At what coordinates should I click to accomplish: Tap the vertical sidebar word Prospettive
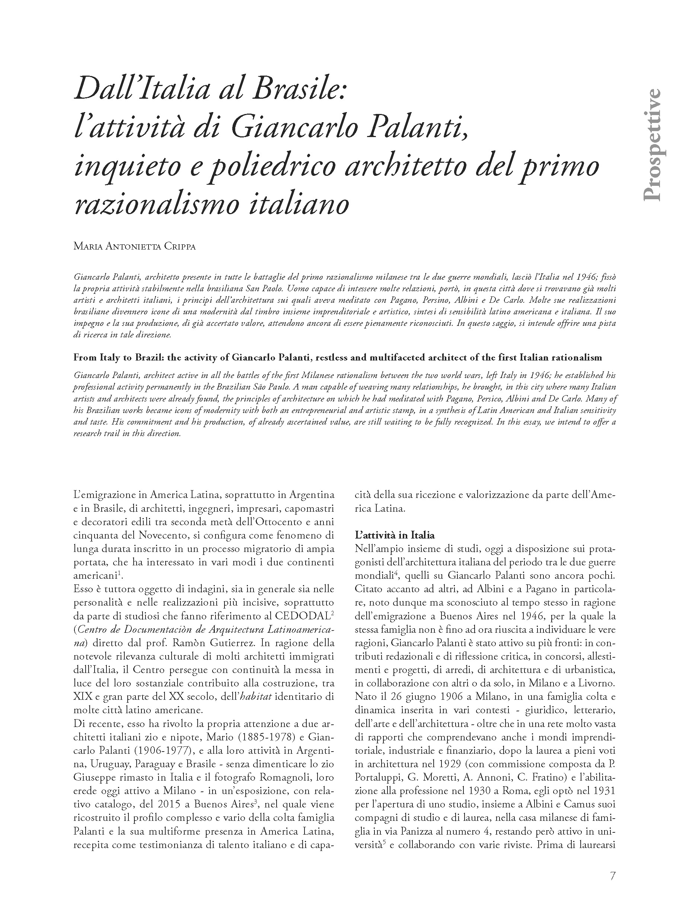(651, 145)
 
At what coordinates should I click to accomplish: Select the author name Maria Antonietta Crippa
(134, 246)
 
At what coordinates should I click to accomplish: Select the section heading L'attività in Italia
(395, 535)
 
